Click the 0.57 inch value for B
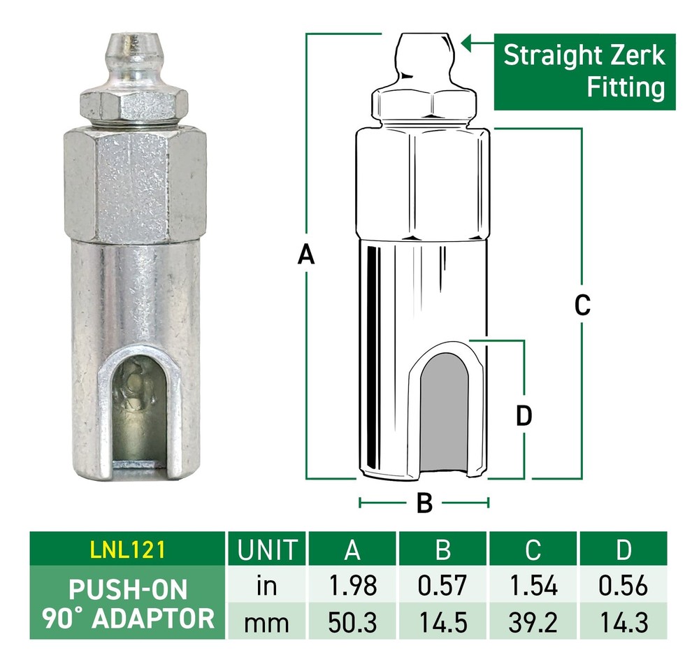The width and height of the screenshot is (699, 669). tap(442, 586)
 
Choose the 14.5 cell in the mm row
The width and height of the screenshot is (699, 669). tap(442, 621)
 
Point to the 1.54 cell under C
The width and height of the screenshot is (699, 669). tap(533, 586)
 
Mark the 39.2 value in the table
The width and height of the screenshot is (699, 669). tap(533, 621)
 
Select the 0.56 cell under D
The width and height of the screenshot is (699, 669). tap(624, 586)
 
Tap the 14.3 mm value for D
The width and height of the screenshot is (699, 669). tap(624, 621)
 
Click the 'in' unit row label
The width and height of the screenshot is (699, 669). tap(267, 586)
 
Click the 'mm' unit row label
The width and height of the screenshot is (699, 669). tap(267, 621)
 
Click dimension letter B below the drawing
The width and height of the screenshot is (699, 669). tap(424, 503)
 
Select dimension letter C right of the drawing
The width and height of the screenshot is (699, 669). tap(582, 305)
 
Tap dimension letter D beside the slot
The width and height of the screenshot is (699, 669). tap(524, 416)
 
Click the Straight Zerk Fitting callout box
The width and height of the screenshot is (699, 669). tap(584, 71)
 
